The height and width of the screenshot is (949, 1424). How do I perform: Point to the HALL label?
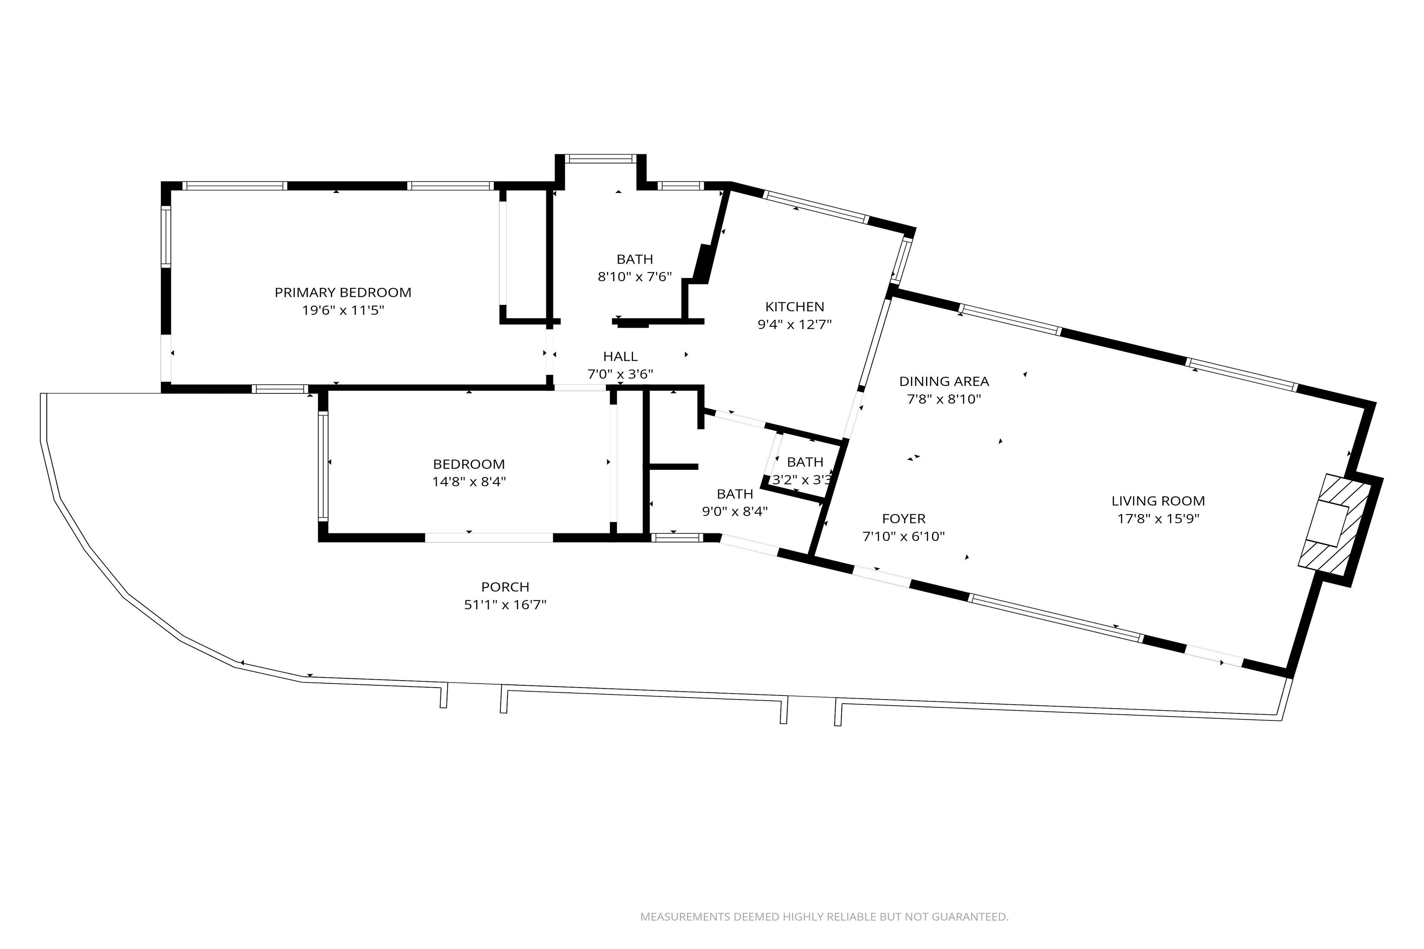point(620,357)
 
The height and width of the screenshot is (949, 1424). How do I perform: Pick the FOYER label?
point(903,519)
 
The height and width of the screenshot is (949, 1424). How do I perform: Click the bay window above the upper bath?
point(600,159)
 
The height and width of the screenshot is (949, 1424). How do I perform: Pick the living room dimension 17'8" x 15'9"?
point(1158,519)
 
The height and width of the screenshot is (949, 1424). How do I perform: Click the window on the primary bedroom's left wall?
point(165,236)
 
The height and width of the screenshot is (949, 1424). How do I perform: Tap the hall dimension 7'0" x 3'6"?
point(620,374)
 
